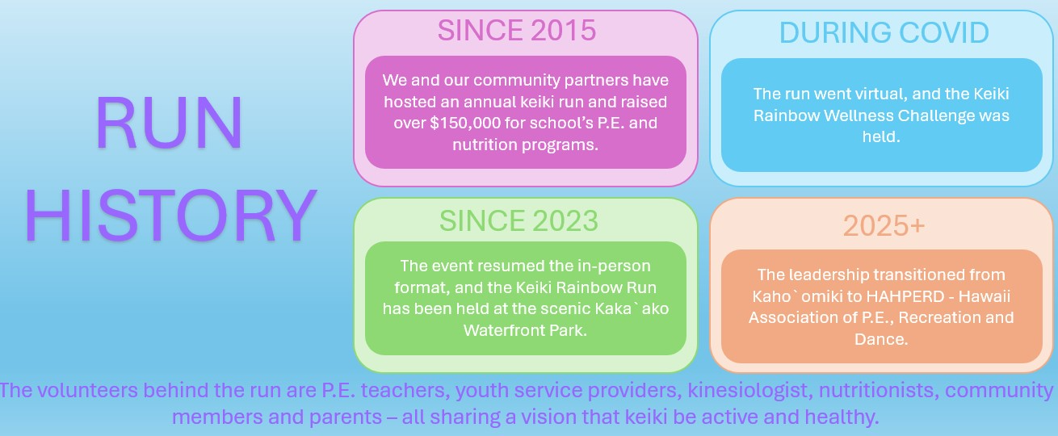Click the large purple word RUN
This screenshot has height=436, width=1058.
coord(169,123)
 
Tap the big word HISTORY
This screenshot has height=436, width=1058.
coord(170,216)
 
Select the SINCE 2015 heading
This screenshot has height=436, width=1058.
coord(517,30)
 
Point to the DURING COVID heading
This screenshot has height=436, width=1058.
coord(884,32)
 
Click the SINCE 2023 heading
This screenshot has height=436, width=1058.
coord(519,220)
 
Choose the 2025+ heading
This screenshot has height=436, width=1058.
coord(884,225)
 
